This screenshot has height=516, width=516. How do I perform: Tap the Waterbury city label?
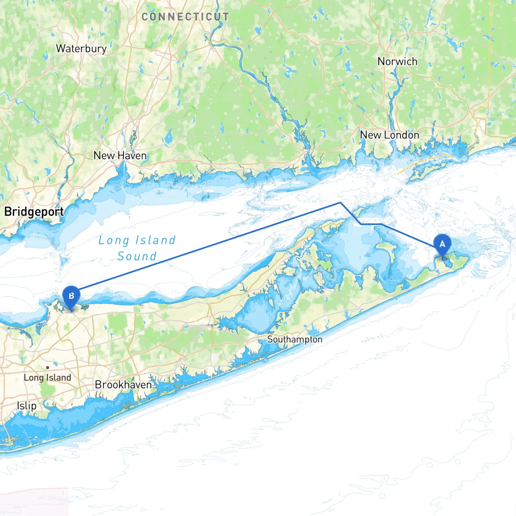(81, 49)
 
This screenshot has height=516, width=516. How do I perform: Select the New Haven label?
(120, 156)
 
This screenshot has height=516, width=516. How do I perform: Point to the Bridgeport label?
(34, 212)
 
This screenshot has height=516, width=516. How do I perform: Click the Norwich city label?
(397, 62)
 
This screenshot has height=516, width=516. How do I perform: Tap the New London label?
(389, 135)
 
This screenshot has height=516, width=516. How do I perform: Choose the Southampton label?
(295, 339)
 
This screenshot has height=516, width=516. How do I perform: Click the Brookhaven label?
(123, 385)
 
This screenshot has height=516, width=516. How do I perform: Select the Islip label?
(27, 406)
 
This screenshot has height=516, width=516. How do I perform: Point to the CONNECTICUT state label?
(185, 17)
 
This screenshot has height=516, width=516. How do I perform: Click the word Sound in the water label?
(137, 256)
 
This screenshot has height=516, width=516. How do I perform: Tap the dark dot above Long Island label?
(48, 368)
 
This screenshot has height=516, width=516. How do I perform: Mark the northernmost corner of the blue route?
(341, 202)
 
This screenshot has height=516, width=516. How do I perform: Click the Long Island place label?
(47, 378)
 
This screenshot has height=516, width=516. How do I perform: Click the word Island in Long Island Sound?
(155, 241)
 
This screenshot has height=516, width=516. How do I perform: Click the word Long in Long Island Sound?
(114, 241)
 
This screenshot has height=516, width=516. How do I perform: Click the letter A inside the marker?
(442, 244)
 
